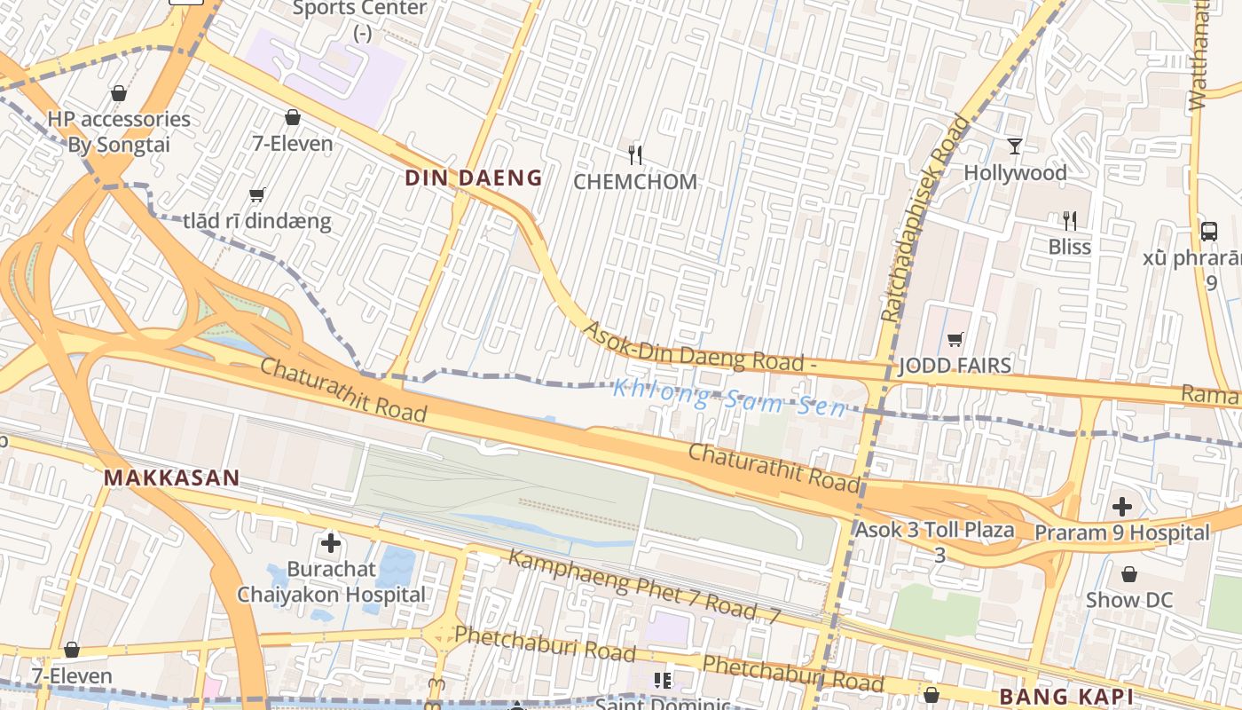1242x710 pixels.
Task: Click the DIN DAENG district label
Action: pyautogui.click(x=473, y=177)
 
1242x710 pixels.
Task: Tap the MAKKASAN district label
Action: pyautogui.click(x=171, y=477)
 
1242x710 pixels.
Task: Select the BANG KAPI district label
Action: pyautogui.click(x=1066, y=697)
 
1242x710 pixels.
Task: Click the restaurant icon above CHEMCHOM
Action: pyautogui.click(x=634, y=155)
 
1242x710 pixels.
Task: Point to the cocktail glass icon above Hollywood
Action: pyautogui.click(x=1015, y=146)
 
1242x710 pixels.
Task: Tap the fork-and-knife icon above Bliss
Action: pyautogui.click(x=1069, y=220)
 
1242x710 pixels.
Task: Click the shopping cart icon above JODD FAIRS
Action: pyautogui.click(x=955, y=339)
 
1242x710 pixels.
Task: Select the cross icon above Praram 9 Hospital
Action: pyautogui.click(x=1122, y=507)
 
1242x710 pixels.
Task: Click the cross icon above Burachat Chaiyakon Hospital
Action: pyautogui.click(x=331, y=542)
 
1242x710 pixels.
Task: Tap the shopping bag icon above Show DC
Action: pyautogui.click(x=1128, y=574)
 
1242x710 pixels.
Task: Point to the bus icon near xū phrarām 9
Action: pyautogui.click(x=1208, y=232)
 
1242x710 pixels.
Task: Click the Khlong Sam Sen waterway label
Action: pyautogui.click(x=736, y=397)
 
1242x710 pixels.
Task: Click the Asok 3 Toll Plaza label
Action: pyautogui.click(x=934, y=531)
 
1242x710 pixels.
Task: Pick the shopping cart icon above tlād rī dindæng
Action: pyautogui.click(x=257, y=194)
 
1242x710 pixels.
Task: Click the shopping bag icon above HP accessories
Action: pyautogui.click(x=119, y=93)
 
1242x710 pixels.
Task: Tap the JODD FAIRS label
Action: pyautogui.click(x=955, y=366)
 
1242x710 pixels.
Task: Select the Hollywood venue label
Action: pyautogui.click(x=1015, y=173)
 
